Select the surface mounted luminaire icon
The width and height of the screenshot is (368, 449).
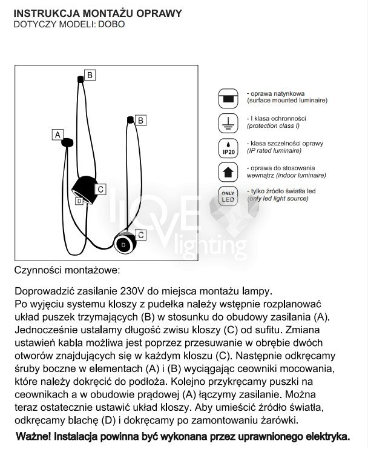(x=228, y=98)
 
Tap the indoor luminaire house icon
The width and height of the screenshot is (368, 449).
(x=228, y=172)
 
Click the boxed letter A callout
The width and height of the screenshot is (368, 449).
(x=58, y=135)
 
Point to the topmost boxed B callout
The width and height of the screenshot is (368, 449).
(x=90, y=75)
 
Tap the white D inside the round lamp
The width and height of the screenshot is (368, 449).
(x=124, y=244)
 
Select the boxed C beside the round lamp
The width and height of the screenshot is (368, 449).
(x=140, y=234)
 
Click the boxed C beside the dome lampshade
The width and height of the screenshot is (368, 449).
(x=101, y=190)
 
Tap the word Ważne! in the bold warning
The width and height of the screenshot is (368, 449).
(x=35, y=436)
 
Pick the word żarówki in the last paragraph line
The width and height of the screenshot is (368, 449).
(x=279, y=421)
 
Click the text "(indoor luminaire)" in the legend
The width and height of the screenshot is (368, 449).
(x=300, y=175)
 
